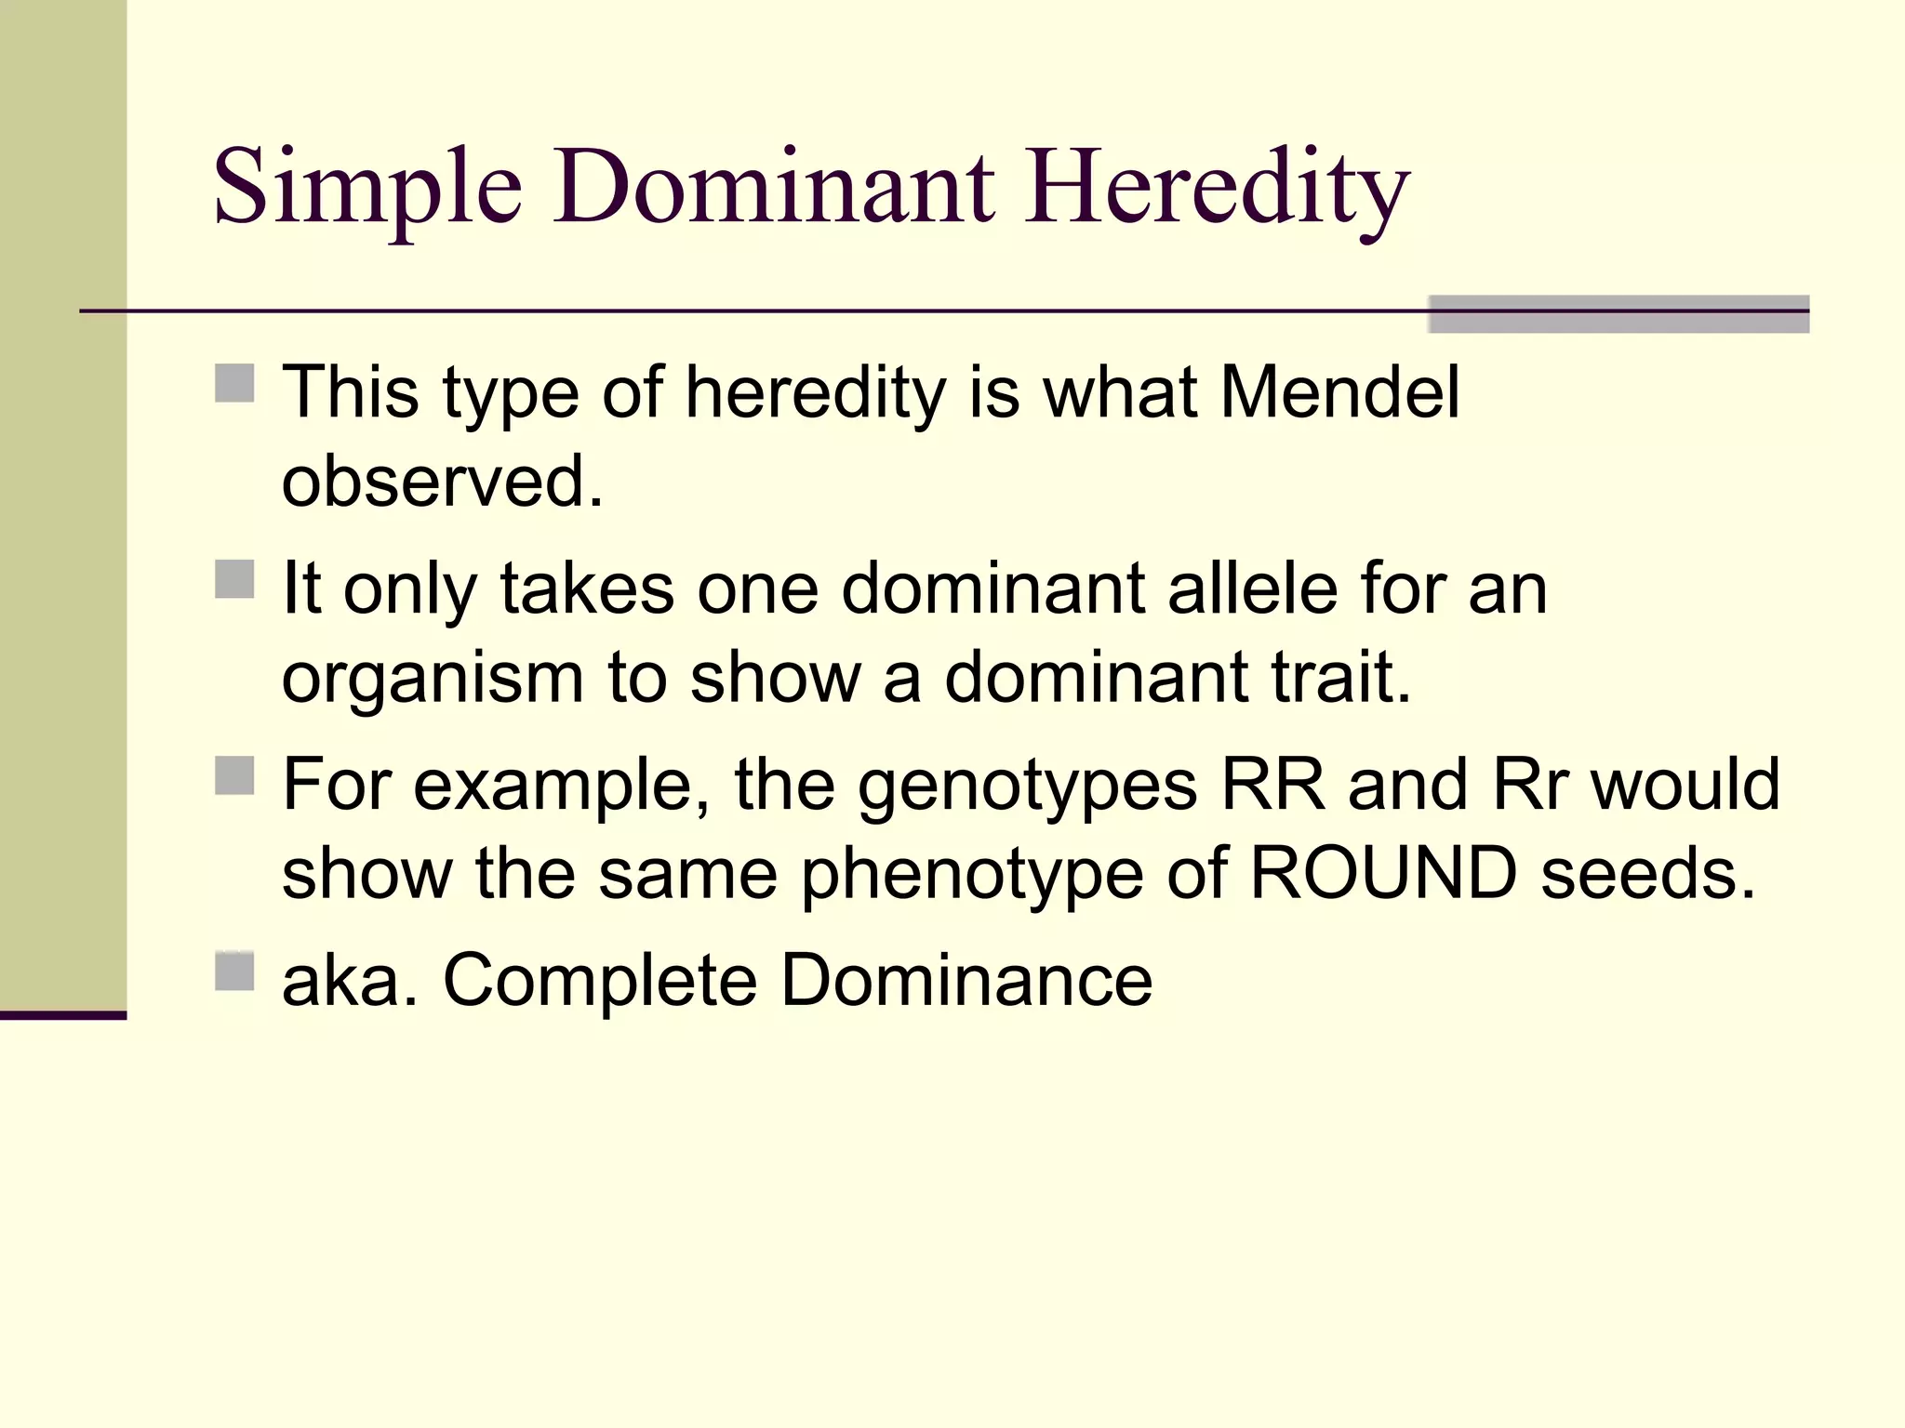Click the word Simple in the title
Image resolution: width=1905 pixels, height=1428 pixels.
(x=367, y=189)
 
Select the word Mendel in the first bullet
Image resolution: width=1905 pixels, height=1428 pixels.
(x=1339, y=392)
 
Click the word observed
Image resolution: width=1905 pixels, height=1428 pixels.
(x=442, y=481)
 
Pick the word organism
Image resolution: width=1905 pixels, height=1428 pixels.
(x=433, y=679)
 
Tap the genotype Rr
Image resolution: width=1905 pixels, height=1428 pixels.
(x=1530, y=785)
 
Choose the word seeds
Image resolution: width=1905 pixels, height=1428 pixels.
(x=1647, y=873)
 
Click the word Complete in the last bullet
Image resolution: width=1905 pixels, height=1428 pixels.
(x=599, y=980)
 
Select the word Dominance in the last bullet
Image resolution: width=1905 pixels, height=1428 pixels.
(x=966, y=980)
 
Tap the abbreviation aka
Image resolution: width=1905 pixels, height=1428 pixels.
(x=349, y=980)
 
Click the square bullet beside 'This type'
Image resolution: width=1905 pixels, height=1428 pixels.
(x=234, y=383)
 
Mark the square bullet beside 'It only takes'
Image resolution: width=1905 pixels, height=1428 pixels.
(x=234, y=579)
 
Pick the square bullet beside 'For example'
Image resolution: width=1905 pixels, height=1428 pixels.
(x=234, y=775)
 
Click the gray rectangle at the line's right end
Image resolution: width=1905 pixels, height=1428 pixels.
(x=1618, y=314)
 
